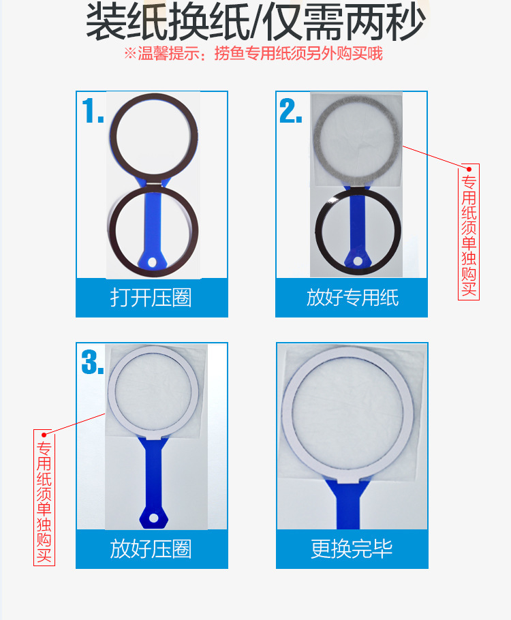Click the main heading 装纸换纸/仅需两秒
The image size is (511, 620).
[255, 23]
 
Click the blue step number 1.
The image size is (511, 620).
[91, 111]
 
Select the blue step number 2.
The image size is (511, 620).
[290, 111]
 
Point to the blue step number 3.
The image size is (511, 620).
[92, 362]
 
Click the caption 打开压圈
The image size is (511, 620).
[151, 298]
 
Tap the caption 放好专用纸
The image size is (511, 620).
[352, 298]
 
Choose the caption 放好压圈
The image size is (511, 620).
[151, 549]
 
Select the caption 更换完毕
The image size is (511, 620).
[352, 549]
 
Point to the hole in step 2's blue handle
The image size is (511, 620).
[356, 260]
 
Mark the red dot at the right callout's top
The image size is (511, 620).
[468, 168]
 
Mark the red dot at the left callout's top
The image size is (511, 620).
[44, 434]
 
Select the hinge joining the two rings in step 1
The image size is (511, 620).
[155, 183]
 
